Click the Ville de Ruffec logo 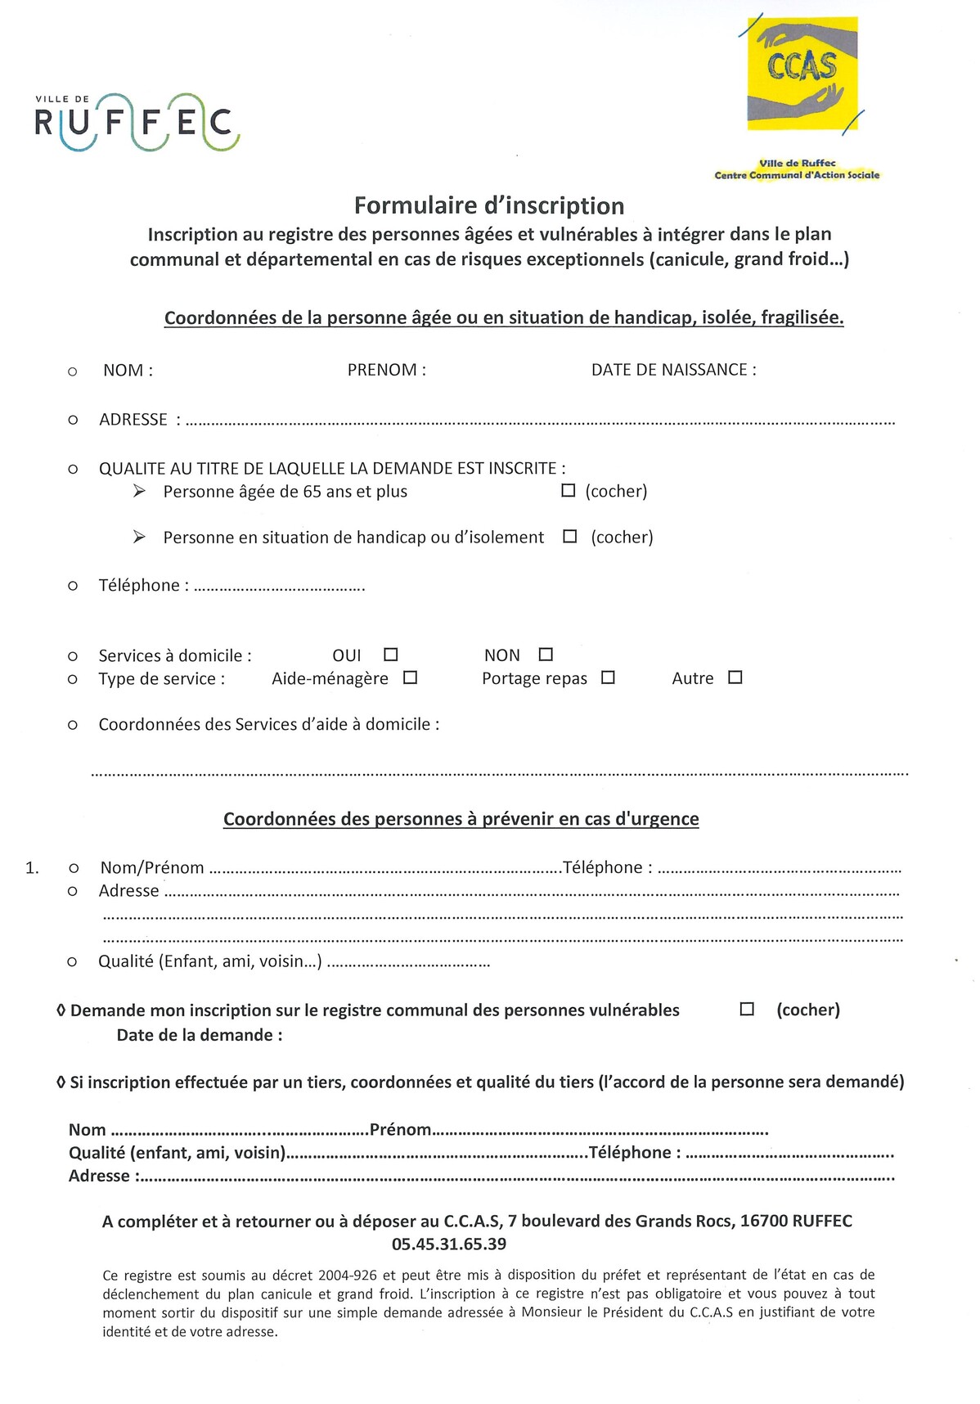137,123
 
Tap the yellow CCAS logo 802,74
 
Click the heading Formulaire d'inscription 489,205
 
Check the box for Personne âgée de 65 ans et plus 569,491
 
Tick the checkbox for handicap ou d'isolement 570,537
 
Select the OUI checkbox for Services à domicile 391,655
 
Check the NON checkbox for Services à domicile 546,655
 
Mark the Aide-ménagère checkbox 411,677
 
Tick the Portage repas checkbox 608,677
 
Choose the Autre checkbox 735,677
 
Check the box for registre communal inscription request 747,1010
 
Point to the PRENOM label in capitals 386,370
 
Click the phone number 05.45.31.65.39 449,1244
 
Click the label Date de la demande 199,1035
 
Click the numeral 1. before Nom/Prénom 32,868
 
